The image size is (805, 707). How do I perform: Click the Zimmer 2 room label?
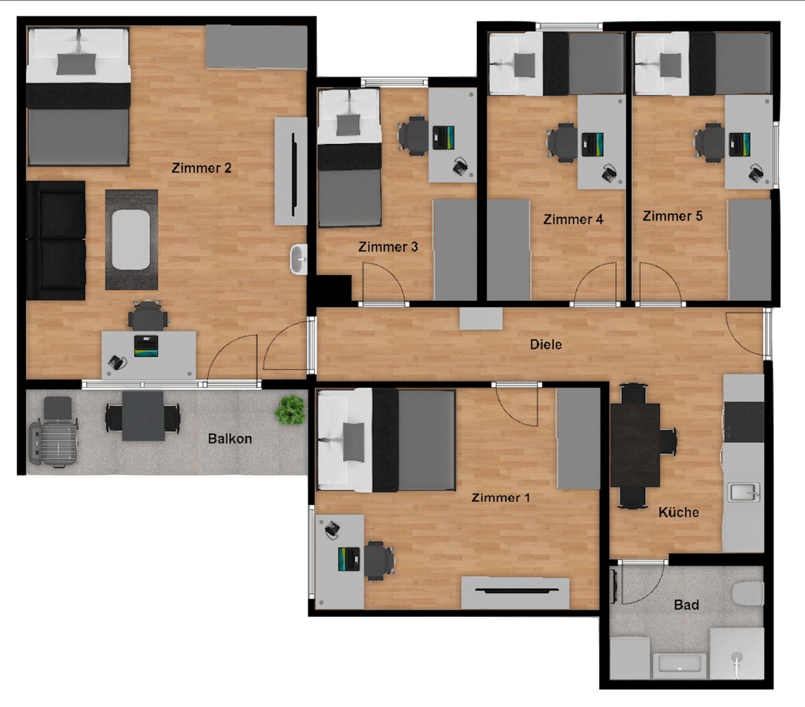coord(201,168)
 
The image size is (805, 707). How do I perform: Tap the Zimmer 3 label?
coord(388,247)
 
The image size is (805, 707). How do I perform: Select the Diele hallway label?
coord(546,344)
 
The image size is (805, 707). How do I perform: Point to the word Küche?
coord(678,512)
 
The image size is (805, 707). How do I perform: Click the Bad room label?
coord(686,605)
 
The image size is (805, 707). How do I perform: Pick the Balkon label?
coord(230,439)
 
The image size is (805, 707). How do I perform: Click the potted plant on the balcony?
coord(290,410)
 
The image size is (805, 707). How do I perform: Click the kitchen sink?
coord(742,493)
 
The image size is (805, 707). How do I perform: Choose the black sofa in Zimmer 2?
coord(56,241)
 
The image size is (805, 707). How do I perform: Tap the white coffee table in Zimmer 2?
coord(132,239)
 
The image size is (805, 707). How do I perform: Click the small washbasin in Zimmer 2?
coord(299,260)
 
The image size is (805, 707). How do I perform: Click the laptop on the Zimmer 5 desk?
coord(740,144)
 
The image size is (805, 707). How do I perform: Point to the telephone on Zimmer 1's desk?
coord(332,529)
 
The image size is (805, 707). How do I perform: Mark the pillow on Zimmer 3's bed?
coord(348,125)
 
